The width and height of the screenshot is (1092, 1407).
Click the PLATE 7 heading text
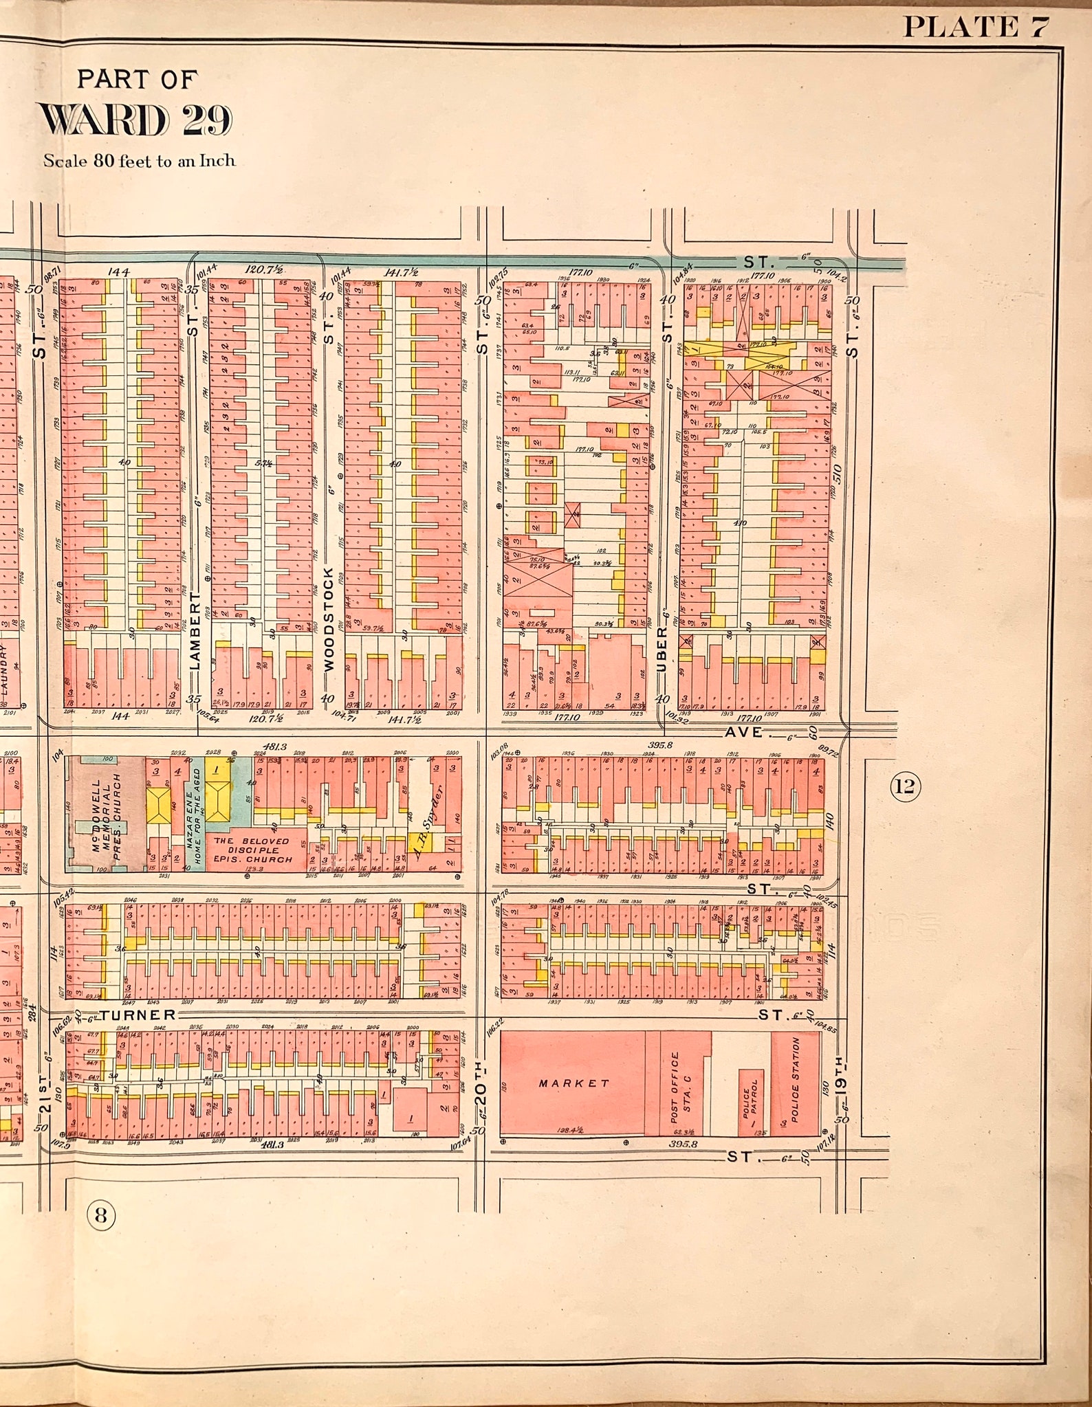pyautogui.click(x=974, y=27)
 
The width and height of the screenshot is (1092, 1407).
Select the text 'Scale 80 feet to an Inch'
pyautogui.click(x=140, y=161)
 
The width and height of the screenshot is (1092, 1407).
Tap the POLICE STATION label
pyautogui.click(x=796, y=1084)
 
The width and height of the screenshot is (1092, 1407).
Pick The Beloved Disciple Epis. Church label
pyautogui.click(x=252, y=850)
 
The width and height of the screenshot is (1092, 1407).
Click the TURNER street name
pyautogui.click(x=139, y=1015)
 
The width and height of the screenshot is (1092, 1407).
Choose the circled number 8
pyautogui.click(x=101, y=1217)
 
